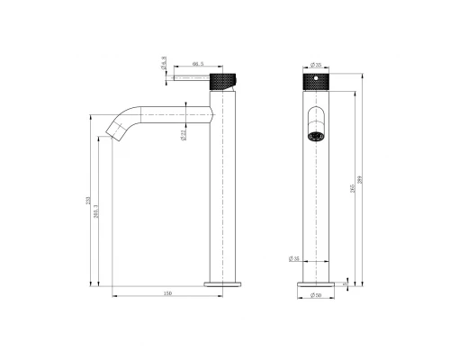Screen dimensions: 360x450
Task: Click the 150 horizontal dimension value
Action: pyautogui.click(x=168, y=293)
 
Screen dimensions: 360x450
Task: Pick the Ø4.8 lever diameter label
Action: pyautogui.click(x=163, y=65)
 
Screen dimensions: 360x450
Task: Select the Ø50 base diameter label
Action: pyautogui.click(x=316, y=295)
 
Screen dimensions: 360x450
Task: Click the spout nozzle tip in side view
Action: pyautogui.click(x=114, y=134)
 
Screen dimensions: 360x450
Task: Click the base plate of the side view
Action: pyautogui.click(x=222, y=283)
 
